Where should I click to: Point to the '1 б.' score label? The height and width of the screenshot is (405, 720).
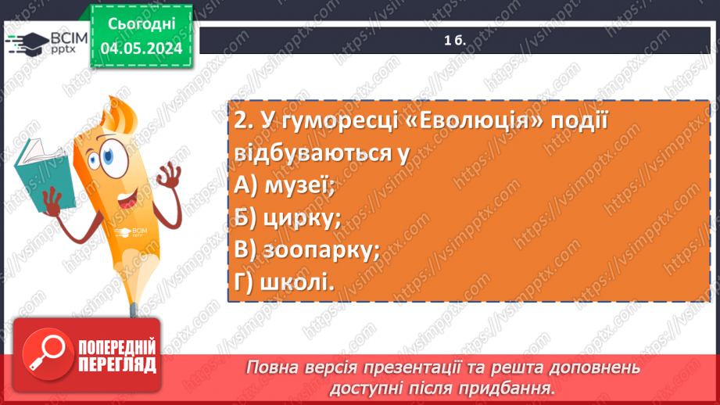coord(455,41)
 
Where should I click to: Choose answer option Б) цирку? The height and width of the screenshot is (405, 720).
coord(286,217)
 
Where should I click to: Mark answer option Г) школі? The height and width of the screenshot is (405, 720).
coord(283,283)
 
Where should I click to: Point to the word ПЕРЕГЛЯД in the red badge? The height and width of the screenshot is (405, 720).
coord(116,364)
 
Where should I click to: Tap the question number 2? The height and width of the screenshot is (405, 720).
coord(241,121)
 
